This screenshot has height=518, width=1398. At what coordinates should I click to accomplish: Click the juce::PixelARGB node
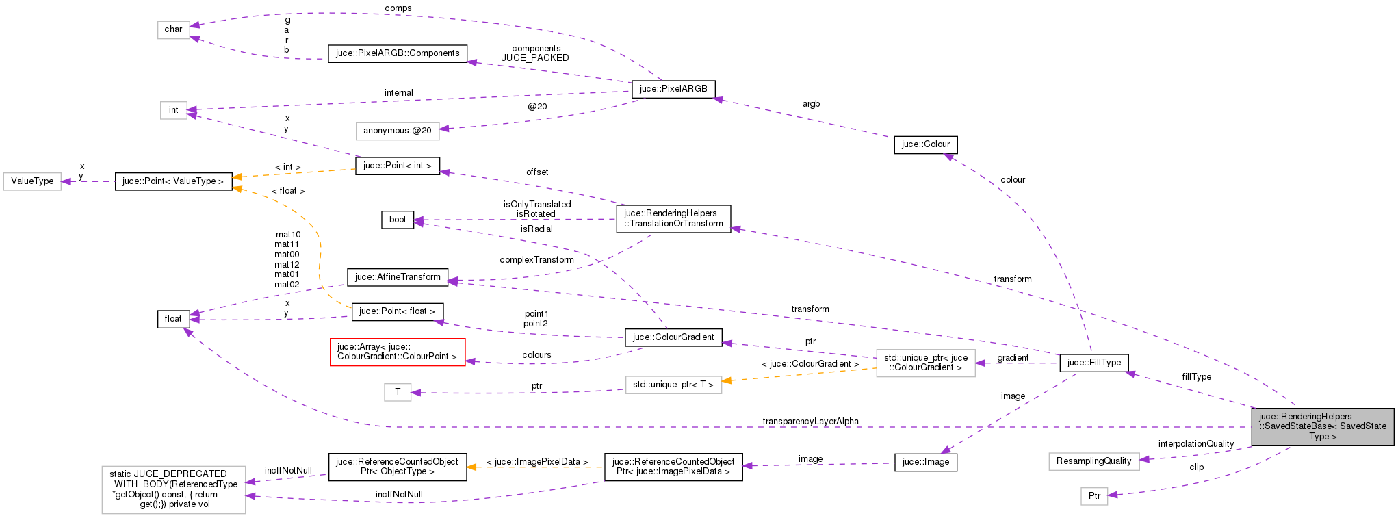tap(673, 89)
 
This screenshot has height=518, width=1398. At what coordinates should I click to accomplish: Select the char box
tap(173, 29)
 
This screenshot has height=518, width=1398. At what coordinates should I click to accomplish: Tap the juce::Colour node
tap(925, 144)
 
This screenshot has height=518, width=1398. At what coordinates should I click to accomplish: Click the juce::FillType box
tap(1093, 363)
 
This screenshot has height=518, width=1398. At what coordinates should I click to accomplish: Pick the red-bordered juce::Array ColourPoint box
tap(397, 352)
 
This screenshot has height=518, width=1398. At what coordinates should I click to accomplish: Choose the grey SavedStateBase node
tap(1322, 426)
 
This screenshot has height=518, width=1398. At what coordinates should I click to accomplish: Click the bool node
tap(397, 220)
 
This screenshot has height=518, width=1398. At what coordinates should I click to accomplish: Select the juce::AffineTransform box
tap(398, 277)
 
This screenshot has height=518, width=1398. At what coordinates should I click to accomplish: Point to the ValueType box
tap(32, 181)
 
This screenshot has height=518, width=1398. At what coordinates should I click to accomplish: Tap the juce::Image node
tap(925, 462)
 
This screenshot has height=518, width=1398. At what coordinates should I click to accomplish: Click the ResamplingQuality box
tap(1093, 461)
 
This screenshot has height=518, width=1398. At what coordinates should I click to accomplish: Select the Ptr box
tap(1093, 496)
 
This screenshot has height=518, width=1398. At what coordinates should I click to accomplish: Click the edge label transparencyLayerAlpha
tap(810, 422)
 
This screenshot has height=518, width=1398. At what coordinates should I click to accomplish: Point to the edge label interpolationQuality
tap(1195, 444)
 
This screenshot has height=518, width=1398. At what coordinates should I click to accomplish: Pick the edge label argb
tap(811, 104)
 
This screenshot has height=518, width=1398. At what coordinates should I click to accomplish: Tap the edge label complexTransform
tap(536, 260)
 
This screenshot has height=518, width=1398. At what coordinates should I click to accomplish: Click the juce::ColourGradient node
tap(673, 337)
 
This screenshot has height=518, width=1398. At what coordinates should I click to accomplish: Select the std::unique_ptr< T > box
tap(673, 385)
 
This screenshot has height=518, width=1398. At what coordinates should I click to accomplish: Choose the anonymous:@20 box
tap(397, 131)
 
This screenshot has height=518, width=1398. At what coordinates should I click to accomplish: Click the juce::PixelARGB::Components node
tap(397, 53)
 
